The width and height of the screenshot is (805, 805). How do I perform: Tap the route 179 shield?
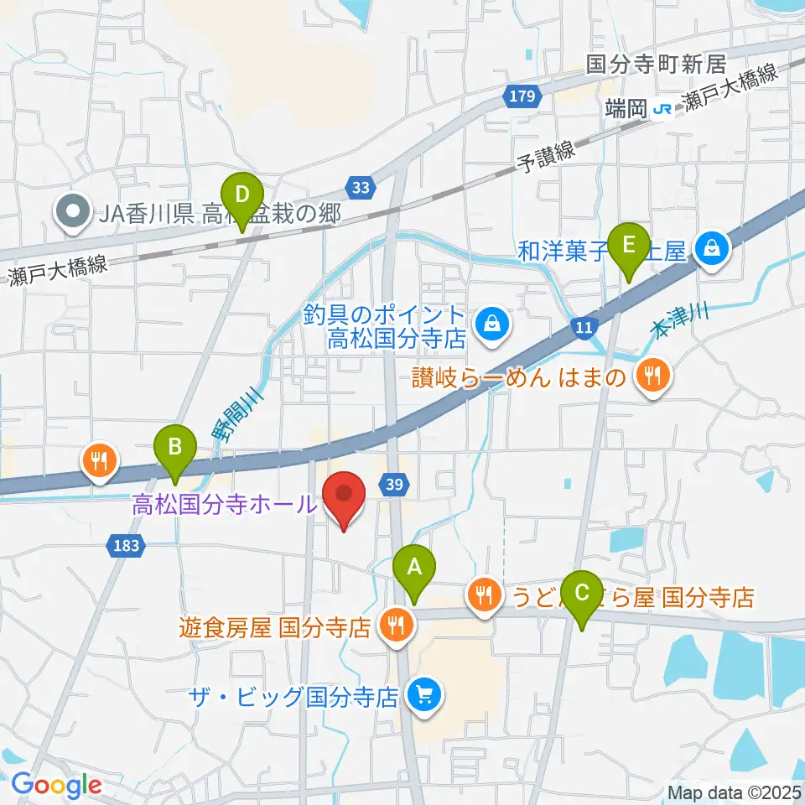521,97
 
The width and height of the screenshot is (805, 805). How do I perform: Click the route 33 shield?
361,190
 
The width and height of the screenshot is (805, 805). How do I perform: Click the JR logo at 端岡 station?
663,109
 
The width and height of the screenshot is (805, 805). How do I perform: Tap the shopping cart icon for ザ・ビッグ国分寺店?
419,694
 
